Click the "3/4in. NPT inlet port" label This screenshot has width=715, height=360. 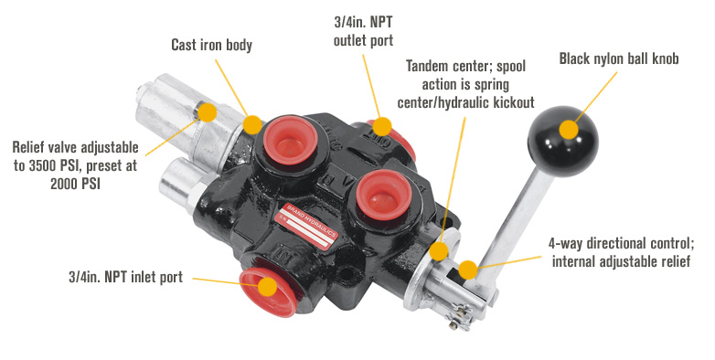pos(125,276)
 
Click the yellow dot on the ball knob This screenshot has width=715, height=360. pos(569,128)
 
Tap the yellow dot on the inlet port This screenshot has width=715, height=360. pos(266,285)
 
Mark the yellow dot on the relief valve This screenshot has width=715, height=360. pos(208,113)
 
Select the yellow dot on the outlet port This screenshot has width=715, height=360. pos(382,126)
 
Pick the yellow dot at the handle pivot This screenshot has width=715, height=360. pos(467,270)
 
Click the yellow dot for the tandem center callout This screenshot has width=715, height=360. pos(439,250)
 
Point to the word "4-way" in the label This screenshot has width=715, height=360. pos(566,244)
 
